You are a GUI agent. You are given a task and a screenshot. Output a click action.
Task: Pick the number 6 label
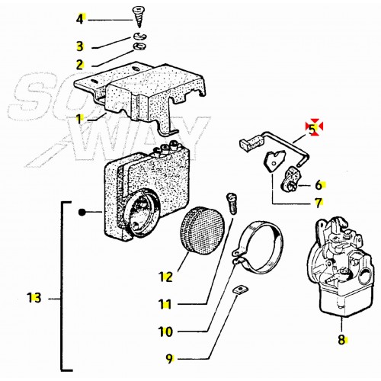(x=319, y=184)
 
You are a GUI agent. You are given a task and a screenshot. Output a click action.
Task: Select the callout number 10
(x=165, y=331)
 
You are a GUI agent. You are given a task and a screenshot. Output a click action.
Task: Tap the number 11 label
(x=165, y=305)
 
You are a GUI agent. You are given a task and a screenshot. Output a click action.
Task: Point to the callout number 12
(x=165, y=274)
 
